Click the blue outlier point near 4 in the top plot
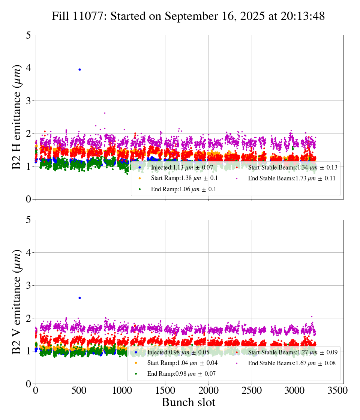79,69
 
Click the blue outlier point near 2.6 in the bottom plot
79,298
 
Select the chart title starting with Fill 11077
188,16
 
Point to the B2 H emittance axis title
17,117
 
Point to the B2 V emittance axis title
17,302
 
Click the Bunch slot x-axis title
188,403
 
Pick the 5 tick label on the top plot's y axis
28,35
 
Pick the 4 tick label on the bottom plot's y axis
28,253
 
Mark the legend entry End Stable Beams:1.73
291,178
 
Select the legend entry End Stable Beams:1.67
291,363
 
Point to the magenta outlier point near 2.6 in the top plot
105,113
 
